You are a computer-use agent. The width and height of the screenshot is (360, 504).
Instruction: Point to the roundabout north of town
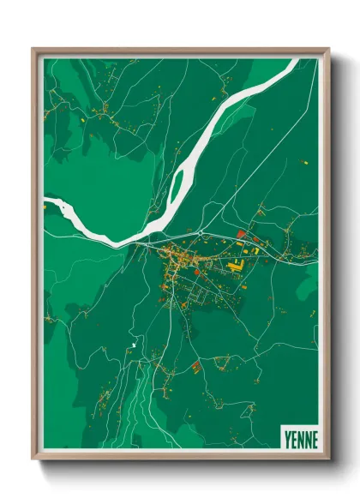(x=200, y=232)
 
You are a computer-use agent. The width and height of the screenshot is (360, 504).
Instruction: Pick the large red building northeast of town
(x=242, y=233)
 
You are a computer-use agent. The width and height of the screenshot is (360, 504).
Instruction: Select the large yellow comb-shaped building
(x=235, y=267)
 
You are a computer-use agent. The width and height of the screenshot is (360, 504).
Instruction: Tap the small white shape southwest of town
(x=134, y=345)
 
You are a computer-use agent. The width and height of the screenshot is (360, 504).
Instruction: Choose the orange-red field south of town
(x=196, y=369)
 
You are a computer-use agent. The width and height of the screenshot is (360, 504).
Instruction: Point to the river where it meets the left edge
(x=49, y=204)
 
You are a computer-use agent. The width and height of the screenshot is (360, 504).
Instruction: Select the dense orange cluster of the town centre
(x=176, y=255)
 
